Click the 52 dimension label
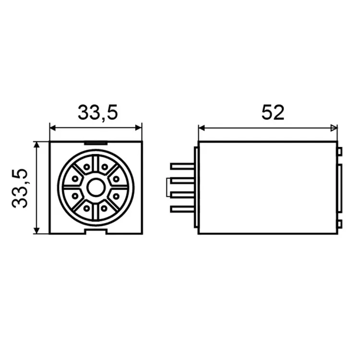point(273,112)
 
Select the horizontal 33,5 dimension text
point(98,112)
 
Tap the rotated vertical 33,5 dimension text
point(20,189)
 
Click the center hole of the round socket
point(96,188)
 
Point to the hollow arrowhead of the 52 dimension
point(334,128)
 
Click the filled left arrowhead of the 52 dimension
point(201,128)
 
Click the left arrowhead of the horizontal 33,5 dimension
point(53,128)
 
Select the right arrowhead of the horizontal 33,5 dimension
point(139,128)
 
